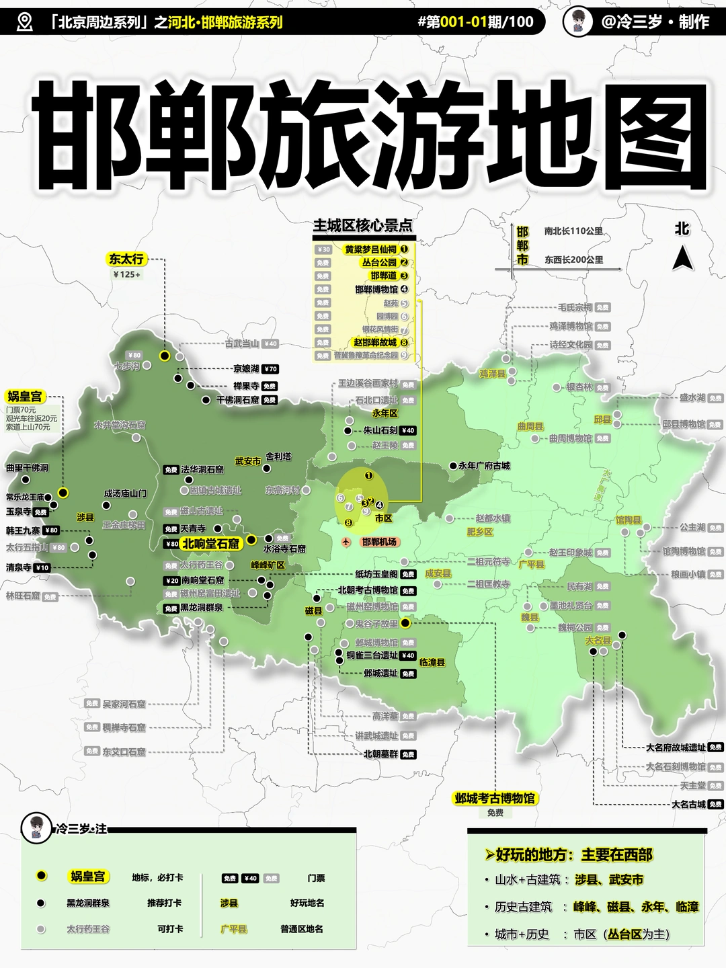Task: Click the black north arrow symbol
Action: pos(682,258)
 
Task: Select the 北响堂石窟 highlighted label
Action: pos(210,544)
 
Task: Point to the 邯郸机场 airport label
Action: pos(379,542)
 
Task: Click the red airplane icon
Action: pos(347,541)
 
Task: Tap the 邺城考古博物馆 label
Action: pos(495,798)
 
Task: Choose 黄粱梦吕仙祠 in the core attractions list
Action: pos(370,249)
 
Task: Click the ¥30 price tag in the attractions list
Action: pos(323,249)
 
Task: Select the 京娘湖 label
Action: pos(246,369)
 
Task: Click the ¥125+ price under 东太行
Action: pos(126,275)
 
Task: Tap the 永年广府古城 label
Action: pos(484,465)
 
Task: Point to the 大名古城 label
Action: pos(688,804)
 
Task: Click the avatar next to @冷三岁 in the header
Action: pos(578,22)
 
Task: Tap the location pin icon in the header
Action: pos(25,22)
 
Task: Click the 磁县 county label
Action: pos(313,611)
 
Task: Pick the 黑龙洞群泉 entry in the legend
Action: pos(88,903)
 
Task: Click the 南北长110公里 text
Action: pos(573,231)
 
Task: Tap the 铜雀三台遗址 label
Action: pos(372,655)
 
